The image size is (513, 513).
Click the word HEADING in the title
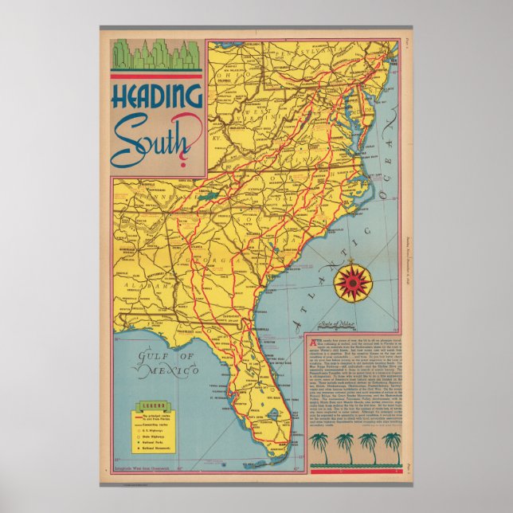pos(157,98)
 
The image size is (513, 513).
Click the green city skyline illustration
pos(155,54)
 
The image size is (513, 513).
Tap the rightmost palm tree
pos(391,446)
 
